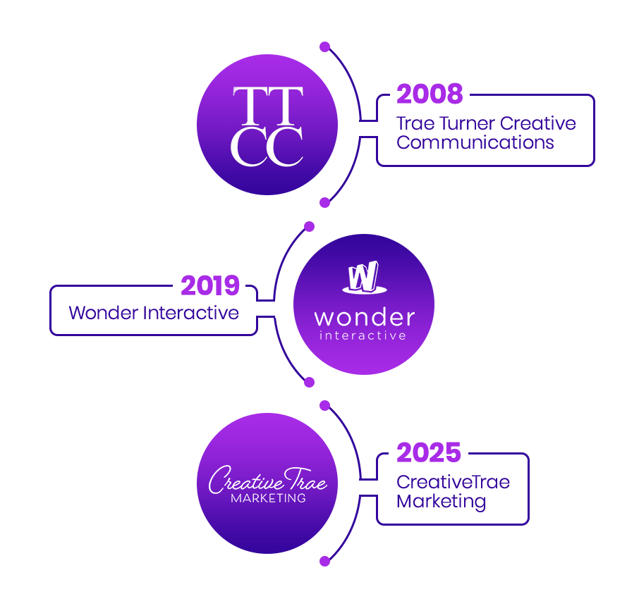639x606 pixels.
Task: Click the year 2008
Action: [430, 94]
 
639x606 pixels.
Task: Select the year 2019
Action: [210, 286]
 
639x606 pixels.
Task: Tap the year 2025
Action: [429, 453]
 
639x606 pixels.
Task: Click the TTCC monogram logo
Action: [267, 126]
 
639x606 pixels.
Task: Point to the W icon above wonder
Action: [364, 278]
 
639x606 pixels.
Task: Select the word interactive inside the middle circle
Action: [363, 335]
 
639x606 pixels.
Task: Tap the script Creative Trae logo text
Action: [267, 481]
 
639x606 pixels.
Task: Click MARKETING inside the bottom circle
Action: [268, 498]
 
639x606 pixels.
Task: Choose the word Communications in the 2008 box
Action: [475, 142]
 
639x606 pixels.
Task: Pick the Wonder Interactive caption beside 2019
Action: [154, 312]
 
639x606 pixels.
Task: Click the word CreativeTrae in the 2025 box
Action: [453, 483]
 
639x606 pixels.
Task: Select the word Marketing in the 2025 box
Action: [441, 501]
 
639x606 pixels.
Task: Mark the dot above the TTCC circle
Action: [324, 47]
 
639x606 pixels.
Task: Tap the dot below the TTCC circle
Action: [324, 202]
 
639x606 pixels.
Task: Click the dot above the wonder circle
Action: [308, 226]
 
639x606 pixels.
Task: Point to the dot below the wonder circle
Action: [308, 382]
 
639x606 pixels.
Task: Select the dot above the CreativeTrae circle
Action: [324, 405]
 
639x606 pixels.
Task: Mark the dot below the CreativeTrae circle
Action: [324, 561]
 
